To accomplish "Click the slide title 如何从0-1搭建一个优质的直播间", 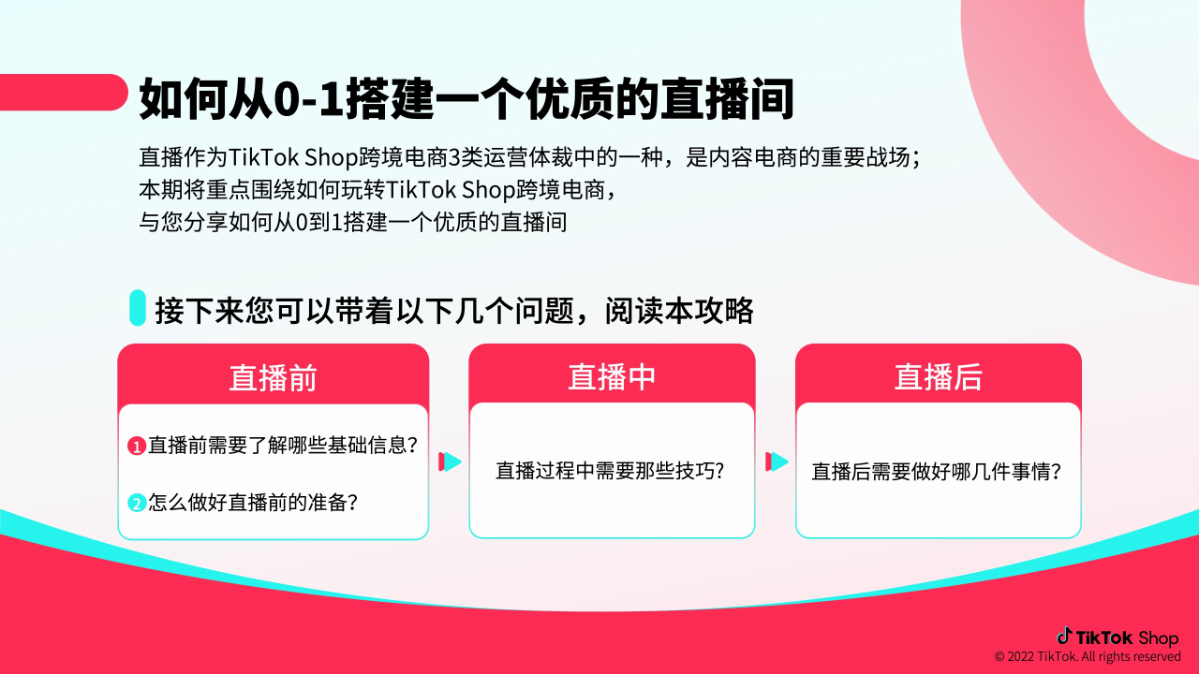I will pyautogui.click(x=466, y=98).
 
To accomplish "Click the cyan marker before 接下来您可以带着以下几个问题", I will pyautogui.click(x=137, y=308).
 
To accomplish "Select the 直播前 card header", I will pyautogui.click(x=273, y=377).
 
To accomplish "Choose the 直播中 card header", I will pyautogui.click(x=612, y=376).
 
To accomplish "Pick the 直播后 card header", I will pyautogui.click(x=938, y=376).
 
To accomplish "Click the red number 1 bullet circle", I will pyautogui.click(x=137, y=447).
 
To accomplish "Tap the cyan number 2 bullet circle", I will pyautogui.click(x=137, y=503).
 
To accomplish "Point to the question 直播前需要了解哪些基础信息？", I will pyautogui.click(x=282, y=446).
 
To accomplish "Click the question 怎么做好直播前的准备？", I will pyautogui.click(x=253, y=502).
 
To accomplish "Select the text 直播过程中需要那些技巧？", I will pyautogui.click(x=611, y=470).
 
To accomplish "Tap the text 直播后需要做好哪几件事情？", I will pyautogui.click(x=936, y=471).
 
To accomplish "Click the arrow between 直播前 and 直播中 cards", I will pyautogui.click(x=451, y=462).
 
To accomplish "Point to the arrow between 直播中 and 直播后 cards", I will pyautogui.click(x=777, y=462).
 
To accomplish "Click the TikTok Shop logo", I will pyautogui.click(x=1118, y=637).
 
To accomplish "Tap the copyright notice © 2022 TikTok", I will pyautogui.click(x=1088, y=657).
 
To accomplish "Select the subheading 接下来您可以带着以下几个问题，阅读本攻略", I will pyautogui.click(x=454, y=310).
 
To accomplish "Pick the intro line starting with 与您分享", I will pyautogui.click(x=352, y=223).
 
